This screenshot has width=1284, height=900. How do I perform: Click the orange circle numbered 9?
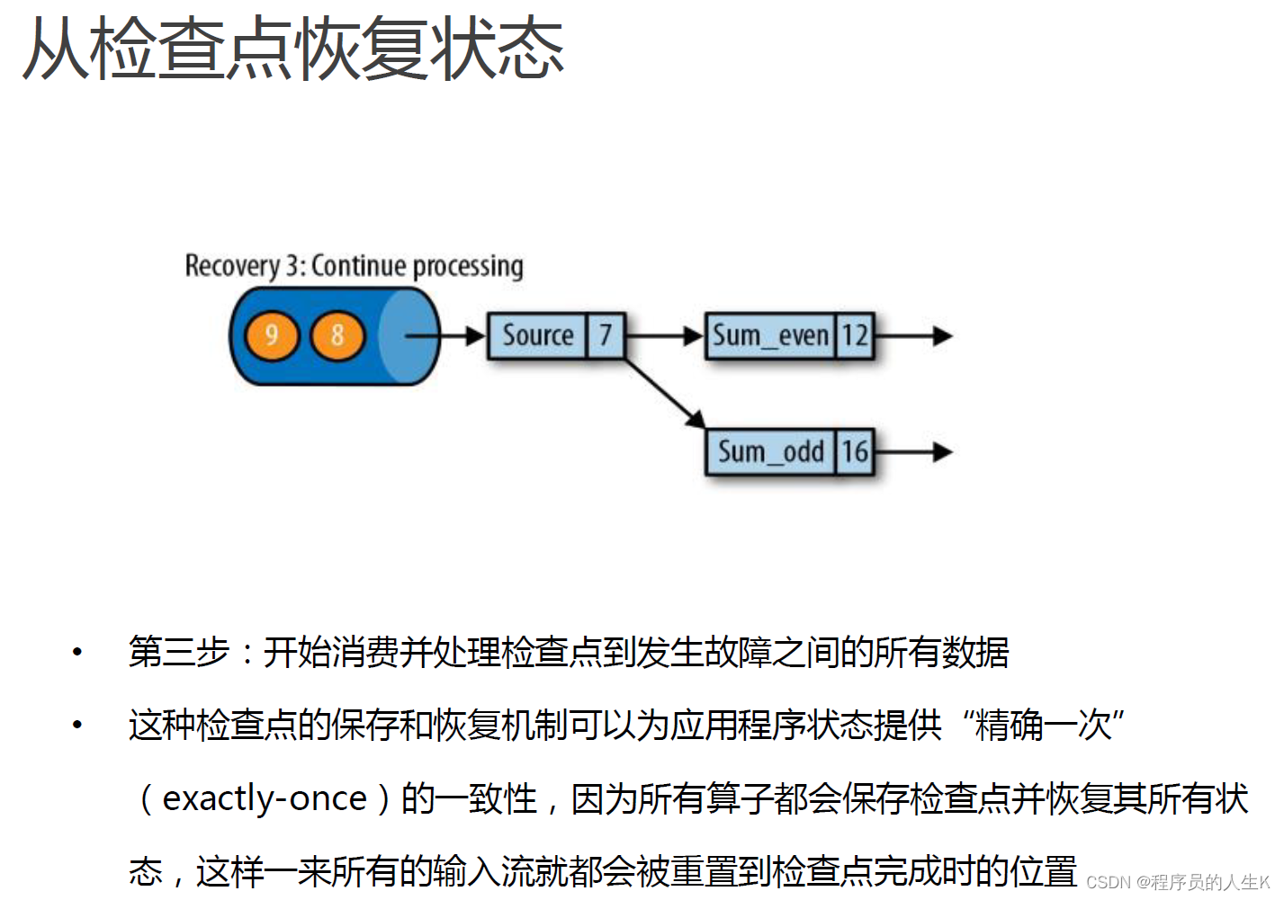pyautogui.click(x=272, y=336)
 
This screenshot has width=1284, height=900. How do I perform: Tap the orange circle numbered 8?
pyautogui.click(x=337, y=336)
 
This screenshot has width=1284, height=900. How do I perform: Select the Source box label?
pyautogui.click(x=537, y=335)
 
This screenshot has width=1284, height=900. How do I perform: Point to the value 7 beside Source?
pyautogui.click(x=606, y=335)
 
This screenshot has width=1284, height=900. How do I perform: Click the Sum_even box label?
pyautogui.click(x=770, y=335)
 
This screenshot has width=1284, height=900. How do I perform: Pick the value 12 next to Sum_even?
pyautogui.click(x=854, y=335)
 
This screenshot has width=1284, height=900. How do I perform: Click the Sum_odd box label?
pyautogui.click(x=770, y=451)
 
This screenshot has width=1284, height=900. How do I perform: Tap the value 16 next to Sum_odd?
pyautogui.click(x=854, y=451)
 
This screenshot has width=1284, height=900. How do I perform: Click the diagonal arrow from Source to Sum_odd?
pyautogui.click(x=666, y=394)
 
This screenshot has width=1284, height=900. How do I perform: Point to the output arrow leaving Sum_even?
pyautogui.click(x=912, y=336)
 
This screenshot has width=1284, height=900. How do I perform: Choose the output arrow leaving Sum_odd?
pyautogui.click(x=912, y=451)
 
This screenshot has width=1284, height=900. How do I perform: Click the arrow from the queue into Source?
pyautogui.click(x=445, y=336)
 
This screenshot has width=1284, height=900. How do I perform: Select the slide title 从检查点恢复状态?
pyautogui.click(x=293, y=49)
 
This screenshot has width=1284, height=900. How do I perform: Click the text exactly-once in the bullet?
pyautogui.click(x=265, y=798)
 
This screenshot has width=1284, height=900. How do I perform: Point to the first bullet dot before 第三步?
pyautogui.click(x=78, y=652)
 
